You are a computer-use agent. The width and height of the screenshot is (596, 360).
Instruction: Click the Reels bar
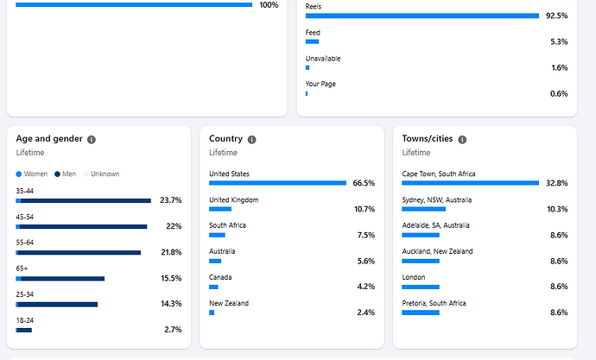pyautogui.click(x=422, y=16)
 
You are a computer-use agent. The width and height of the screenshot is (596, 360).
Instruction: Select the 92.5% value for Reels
pyautogui.click(x=556, y=16)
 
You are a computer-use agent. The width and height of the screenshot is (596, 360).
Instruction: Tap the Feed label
pyautogui.click(x=313, y=33)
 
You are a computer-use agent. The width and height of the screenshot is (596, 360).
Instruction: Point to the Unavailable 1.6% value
pyautogui.click(x=558, y=67)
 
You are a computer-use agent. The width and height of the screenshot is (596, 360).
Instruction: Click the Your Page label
pyautogui.click(x=320, y=84)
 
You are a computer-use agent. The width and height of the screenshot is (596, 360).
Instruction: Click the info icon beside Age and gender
pyautogui.click(x=92, y=139)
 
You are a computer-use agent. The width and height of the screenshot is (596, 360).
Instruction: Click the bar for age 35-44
pyautogui.click(x=83, y=200)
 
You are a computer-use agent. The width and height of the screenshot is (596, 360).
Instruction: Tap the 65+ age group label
pyautogui.click(x=22, y=268)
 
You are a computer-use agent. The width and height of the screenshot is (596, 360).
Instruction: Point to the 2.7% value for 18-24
pyautogui.click(x=173, y=330)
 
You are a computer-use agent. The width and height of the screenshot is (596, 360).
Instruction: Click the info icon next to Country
pyautogui.click(x=251, y=139)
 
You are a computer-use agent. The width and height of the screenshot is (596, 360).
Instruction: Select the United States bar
pyautogui.click(x=277, y=183)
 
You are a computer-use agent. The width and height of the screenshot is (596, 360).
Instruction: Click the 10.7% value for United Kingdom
pyautogui.click(x=364, y=209)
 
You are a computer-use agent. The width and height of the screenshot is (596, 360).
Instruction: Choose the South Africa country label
pyautogui.click(x=227, y=225)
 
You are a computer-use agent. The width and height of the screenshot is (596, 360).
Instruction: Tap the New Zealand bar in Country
pyautogui.click(x=212, y=313)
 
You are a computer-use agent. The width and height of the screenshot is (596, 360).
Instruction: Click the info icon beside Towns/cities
pyautogui.click(x=462, y=139)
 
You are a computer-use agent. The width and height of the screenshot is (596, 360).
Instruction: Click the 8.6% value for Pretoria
pyautogui.click(x=558, y=313)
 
